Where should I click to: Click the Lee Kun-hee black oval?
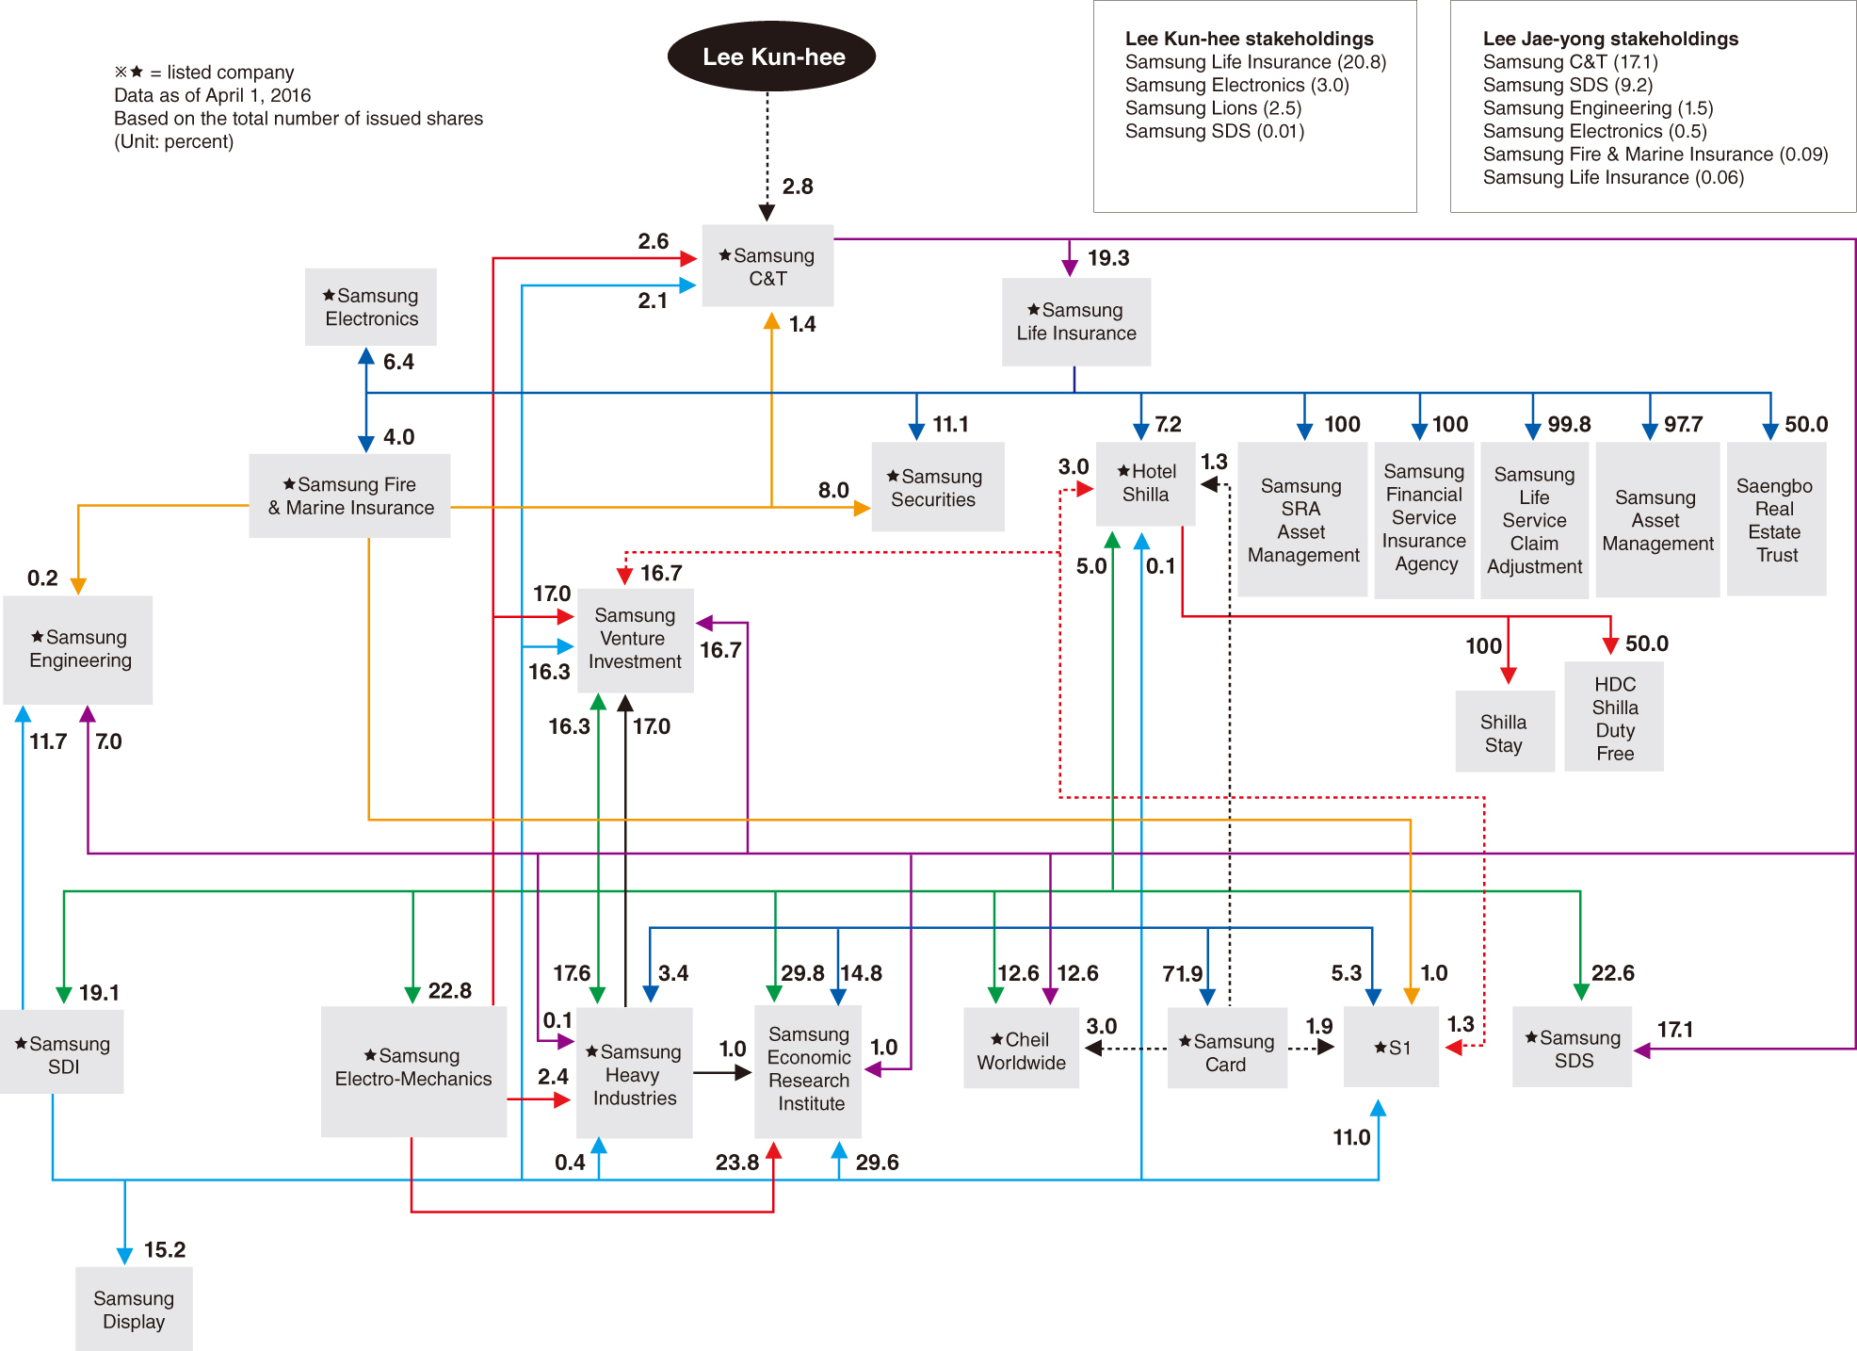[x=771, y=57]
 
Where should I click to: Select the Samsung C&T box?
[x=767, y=266]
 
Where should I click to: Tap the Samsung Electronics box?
[x=371, y=307]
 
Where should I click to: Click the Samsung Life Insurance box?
[x=1076, y=322]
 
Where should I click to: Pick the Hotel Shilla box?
[x=1146, y=483]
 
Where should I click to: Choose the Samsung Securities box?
[x=937, y=487]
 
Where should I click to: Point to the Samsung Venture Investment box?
[x=635, y=641]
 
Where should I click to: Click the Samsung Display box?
[x=134, y=1309]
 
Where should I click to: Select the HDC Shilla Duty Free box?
[x=1614, y=717]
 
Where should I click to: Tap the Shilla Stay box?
[x=1505, y=732]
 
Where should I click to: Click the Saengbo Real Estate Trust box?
[x=1776, y=519]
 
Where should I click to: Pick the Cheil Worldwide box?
[x=1022, y=1049]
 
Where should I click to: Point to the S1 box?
[x=1391, y=1047]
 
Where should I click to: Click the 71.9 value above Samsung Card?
[x=1183, y=973]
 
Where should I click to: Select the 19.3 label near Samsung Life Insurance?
[x=1108, y=258]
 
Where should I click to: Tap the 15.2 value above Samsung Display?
[x=165, y=1250]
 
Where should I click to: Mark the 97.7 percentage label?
[x=1683, y=424]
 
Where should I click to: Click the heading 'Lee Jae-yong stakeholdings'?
[x=1610, y=39]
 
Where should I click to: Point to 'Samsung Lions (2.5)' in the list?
[x=1214, y=108]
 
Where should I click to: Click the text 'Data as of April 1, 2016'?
[x=213, y=95]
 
